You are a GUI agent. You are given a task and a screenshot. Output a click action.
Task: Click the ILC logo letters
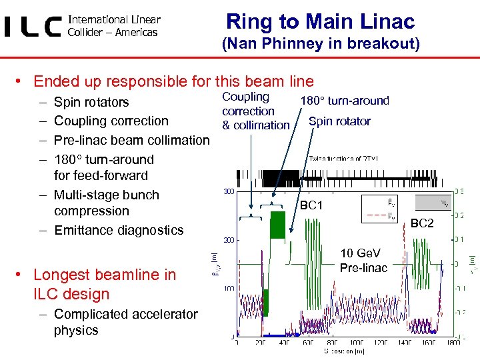[x=33, y=27]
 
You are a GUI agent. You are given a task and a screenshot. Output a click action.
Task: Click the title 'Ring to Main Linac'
[x=320, y=21]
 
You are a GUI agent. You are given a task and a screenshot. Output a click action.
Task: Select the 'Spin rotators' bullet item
[x=91, y=102]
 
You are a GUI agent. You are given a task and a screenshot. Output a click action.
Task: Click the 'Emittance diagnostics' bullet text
[x=119, y=230]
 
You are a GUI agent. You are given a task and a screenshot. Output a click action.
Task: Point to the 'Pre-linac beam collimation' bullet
[x=131, y=140]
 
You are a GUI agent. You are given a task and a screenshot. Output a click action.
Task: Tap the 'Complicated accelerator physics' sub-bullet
[x=125, y=322]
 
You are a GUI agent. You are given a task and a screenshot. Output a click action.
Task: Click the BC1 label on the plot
[x=311, y=205]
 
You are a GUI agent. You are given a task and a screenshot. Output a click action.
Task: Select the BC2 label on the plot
[x=421, y=223]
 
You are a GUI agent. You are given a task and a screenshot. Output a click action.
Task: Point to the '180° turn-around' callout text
[x=345, y=101]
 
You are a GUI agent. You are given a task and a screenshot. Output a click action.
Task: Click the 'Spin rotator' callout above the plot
[x=339, y=121]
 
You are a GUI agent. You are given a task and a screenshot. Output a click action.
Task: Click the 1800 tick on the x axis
[x=453, y=342]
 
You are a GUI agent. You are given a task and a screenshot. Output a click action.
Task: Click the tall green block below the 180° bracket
[x=278, y=224]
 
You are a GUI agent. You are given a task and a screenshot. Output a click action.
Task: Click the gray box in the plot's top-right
[x=433, y=202]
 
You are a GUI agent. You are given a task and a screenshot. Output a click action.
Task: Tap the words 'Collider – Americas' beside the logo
[x=113, y=32]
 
